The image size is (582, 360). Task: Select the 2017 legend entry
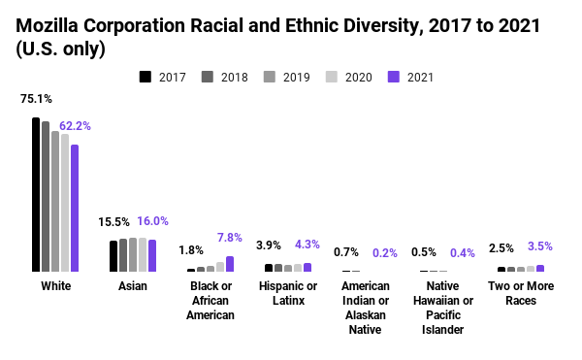tap(164, 76)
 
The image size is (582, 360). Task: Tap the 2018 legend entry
tap(224, 76)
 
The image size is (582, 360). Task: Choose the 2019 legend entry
tap(285, 76)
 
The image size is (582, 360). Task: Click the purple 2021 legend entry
tap(408, 76)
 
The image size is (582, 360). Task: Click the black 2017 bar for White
tap(36, 194)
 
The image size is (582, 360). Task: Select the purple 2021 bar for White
tap(75, 208)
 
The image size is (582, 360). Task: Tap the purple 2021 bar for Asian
tap(152, 255)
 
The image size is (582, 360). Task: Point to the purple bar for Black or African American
tap(230, 264)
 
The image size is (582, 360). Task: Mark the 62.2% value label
tap(75, 126)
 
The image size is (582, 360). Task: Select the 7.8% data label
tap(230, 238)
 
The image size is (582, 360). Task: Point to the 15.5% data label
tap(113, 222)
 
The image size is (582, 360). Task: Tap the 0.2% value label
tap(385, 253)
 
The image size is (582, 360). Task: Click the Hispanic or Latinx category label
tap(288, 293)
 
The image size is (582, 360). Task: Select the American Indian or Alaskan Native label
tap(366, 308)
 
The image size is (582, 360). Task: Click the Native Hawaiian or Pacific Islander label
tap(443, 308)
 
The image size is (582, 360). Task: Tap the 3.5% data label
tap(540, 246)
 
